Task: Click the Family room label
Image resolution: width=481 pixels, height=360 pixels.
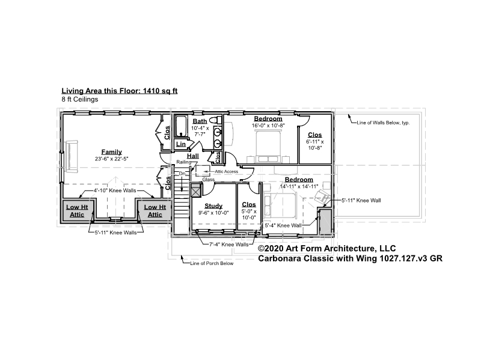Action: (112, 152)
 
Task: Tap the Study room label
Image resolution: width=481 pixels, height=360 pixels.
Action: (213, 206)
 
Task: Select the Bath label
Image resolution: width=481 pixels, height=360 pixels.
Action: (200, 121)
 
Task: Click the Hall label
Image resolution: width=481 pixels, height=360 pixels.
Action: (193, 156)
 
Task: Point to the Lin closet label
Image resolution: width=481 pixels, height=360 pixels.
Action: (181, 144)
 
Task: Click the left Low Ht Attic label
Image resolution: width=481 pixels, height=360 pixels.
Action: (77, 211)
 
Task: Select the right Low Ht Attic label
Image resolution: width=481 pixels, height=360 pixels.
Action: (155, 211)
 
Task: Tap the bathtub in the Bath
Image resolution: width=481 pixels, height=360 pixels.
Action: (182, 126)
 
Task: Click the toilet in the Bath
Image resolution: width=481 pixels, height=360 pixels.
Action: (218, 120)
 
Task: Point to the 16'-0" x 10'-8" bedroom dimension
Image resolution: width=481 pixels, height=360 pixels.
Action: (268, 126)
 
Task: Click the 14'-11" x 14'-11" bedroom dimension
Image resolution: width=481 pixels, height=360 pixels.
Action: (299, 186)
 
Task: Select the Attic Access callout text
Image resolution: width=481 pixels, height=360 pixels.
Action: (227, 171)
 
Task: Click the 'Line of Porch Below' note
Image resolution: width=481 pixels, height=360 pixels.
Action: (212, 263)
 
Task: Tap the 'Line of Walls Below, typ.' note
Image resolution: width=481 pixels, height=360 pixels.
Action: (383, 123)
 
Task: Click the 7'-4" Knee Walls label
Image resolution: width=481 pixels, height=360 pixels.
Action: (229, 245)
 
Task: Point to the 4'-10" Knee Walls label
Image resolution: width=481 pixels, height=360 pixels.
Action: (115, 191)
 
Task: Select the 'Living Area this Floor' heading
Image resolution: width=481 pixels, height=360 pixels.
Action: (120, 91)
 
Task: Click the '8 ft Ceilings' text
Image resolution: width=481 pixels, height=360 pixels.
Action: (80, 99)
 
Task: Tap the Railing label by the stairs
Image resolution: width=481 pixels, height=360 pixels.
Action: (184, 162)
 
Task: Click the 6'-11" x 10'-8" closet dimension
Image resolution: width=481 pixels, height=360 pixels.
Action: (314, 145)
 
